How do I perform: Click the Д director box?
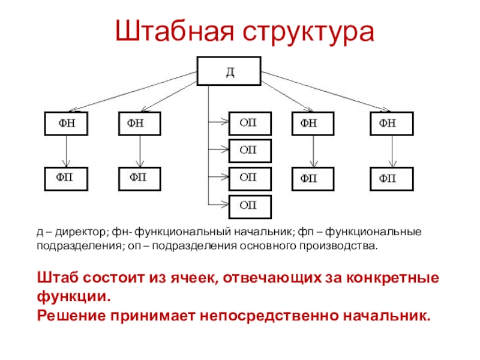[x=229, y=72]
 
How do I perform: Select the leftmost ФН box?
[x=67, y=124]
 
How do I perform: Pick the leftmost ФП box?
[x=67, y=178]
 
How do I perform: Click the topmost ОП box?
[x=249, y=122]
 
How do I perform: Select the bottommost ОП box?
[x=249, y=205]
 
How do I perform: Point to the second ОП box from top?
[x=249, y=150]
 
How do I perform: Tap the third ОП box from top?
[x=249, y=178]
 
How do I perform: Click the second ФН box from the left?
[x=140, y=124]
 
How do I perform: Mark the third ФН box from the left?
[x=313, y=124]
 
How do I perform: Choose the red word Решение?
[x=68, y=314]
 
